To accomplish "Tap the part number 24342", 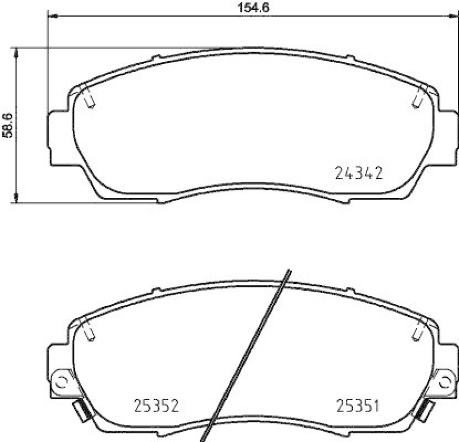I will coord(358,173).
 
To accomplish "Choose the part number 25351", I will coord(357,407).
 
